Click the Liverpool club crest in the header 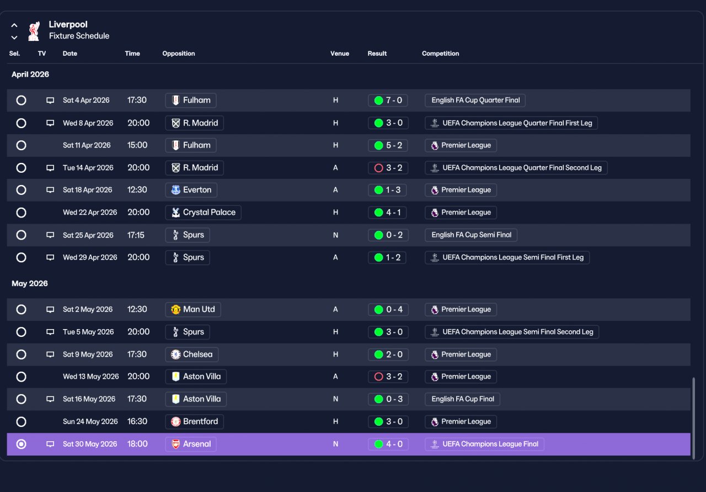pos(34,31)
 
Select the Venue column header pos(339,54)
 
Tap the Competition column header pos(440,54)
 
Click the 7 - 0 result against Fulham pos(388,100)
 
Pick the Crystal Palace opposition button pos(204,213)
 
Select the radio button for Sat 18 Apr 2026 pos(21,190)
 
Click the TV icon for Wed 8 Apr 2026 pos(50,123)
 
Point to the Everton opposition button pos(191,190)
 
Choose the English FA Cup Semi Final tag pos(471,235)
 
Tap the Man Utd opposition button pos(193,309)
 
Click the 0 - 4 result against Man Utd pos(388,309)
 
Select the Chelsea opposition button pos(191,354)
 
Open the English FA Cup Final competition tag pos(462,399)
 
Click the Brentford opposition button pos(195,421)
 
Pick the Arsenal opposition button pos(191,444)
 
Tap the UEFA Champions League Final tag pos(484,444)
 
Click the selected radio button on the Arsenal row pos(21,444)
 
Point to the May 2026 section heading pos(30,283)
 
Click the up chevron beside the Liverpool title pos(14,25)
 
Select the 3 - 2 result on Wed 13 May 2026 pos(388,377)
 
